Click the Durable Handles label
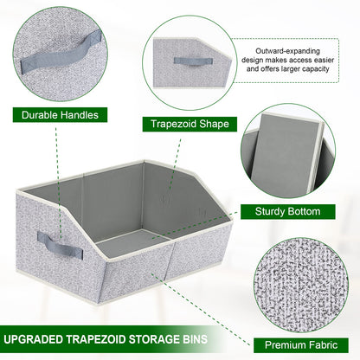pyautogui.click(x=59, y=113)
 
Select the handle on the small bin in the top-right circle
pyautogui.click(x=188, y=61)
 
